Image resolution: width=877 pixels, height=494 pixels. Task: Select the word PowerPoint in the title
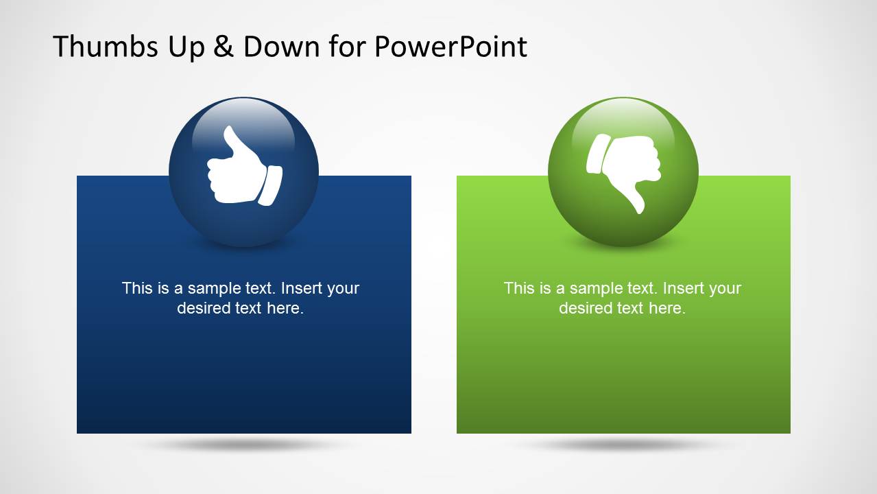pos(450,47)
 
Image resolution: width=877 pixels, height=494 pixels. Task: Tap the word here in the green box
pos(666,308)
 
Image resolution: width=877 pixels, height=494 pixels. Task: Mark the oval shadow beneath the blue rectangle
pos(243,445)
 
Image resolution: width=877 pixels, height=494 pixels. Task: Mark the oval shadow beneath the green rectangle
pos(623,445)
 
